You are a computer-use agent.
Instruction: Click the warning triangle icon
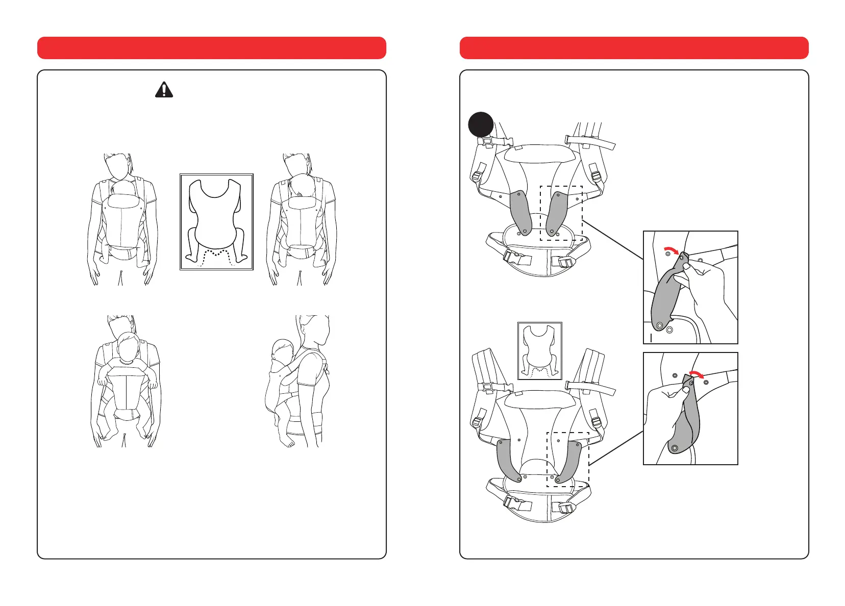pos(164,90)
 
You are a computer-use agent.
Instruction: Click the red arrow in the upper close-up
pos(672,250)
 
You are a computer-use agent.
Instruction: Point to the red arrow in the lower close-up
pos(695,374)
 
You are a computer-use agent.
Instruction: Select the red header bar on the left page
pos(211,48)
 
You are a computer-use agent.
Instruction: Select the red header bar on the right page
pos(634,48)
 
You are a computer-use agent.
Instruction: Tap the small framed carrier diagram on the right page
pos(540,350)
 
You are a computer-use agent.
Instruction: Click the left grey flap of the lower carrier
pos(508,459)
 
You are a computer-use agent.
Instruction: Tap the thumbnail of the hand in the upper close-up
pos(687,266)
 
